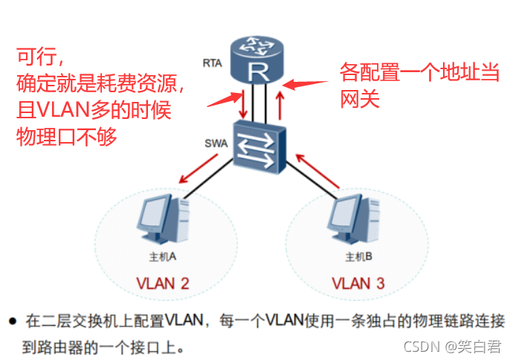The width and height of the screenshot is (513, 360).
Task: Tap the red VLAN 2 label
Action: tap(162, 283)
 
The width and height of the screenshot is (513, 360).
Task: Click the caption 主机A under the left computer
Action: tap(162, 257)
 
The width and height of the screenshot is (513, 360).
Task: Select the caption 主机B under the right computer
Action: tap(357, 257)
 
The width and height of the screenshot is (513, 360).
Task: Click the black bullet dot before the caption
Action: tap(13, 322)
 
